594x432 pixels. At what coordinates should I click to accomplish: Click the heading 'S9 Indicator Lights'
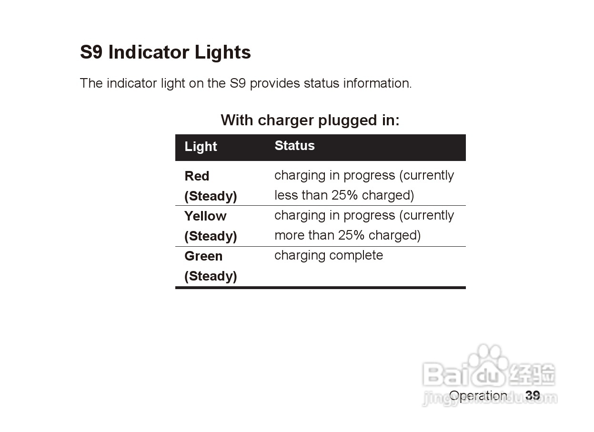coord(165,52)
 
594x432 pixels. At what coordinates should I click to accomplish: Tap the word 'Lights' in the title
coord(223,52)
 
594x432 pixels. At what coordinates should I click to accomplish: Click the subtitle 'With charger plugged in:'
coord(310,121)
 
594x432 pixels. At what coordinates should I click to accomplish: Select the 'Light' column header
coord(201,147)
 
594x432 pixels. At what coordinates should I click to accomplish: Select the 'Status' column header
coord(294,145)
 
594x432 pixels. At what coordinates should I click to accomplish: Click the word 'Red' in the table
coord(197,176)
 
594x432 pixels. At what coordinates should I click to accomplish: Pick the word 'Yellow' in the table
coord(205,216)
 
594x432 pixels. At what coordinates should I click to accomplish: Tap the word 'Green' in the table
coord(203,256)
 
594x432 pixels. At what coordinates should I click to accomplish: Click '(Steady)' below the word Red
coord(211,197)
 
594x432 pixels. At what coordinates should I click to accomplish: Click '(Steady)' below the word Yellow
coord(211,236)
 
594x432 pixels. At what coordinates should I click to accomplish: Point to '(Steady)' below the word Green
coord(211,276)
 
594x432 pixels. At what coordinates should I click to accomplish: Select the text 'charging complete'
coord(329,256)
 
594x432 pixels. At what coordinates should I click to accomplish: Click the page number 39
coord(533,396)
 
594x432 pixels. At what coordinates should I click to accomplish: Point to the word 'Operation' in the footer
coord(478,396)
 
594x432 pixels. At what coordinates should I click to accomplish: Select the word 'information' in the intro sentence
coord(378,83)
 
